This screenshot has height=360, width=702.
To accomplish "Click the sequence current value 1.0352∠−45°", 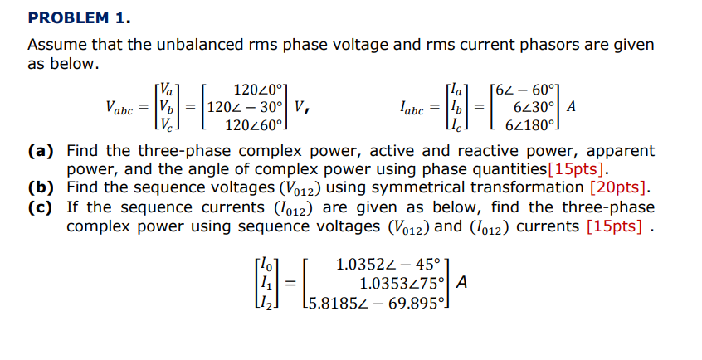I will click(388, 265).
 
